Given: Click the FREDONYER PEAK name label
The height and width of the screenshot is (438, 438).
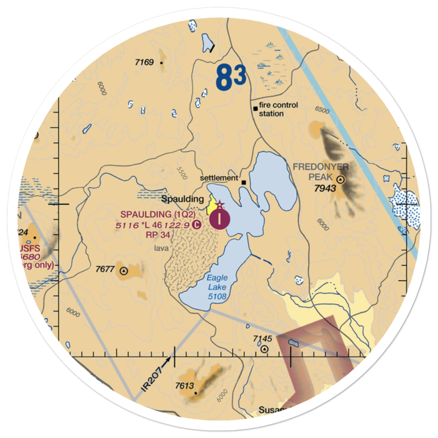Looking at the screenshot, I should coord(321,172).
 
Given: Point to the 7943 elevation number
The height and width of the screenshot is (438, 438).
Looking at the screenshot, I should coord(325,188).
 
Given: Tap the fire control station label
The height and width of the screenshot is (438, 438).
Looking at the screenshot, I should coord(278,109).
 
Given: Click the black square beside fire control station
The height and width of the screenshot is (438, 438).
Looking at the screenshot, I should coord(255,108).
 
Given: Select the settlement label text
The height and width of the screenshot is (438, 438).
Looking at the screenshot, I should coord(219,179).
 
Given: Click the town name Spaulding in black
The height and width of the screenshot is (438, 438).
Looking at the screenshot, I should coord(183,199).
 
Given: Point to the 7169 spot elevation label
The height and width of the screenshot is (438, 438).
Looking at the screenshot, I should coord(144,62).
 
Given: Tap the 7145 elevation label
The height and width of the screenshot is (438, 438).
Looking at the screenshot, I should coord(263,339).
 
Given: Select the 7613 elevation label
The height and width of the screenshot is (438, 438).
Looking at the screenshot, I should coord(184,385).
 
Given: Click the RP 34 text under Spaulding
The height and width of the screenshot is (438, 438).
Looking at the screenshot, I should coord(158,234).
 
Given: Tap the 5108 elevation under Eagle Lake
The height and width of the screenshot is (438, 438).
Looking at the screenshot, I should coord(218,297).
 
